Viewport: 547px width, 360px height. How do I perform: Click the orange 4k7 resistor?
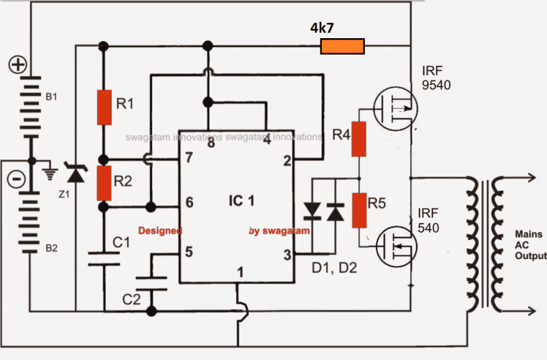tap(342, 46)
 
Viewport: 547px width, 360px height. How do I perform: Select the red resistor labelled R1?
tap(104, 108)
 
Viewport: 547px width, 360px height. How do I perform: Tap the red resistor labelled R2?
tap(104, 183)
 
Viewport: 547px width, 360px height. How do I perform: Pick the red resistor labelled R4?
tap(359, 139)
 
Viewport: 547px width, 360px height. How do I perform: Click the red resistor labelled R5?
tap(359, 211)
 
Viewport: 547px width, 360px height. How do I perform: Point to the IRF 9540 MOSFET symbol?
tap(396, 108)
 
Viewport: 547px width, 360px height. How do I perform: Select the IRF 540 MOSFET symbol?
tap(397, 246)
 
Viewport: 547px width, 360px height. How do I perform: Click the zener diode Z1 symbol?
tap(75, 173)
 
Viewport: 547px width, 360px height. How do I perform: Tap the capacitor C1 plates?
tap(104, 258)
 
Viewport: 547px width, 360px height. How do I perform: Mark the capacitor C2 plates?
tap(151, 284)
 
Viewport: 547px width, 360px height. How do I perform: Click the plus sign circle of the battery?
tap(18, 65)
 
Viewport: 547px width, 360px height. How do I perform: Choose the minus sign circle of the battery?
tap(16, 179)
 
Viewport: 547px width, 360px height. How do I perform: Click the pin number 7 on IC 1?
tap(189, 157)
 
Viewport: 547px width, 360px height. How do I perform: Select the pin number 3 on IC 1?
tap(287, 255)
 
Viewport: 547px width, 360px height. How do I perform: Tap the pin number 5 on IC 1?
tap(189, 252)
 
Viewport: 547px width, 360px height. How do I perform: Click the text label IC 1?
tap(241, 200)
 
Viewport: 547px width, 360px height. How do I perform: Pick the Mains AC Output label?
tap(531, 245)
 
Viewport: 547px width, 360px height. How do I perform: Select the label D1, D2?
tap(334, 268)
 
